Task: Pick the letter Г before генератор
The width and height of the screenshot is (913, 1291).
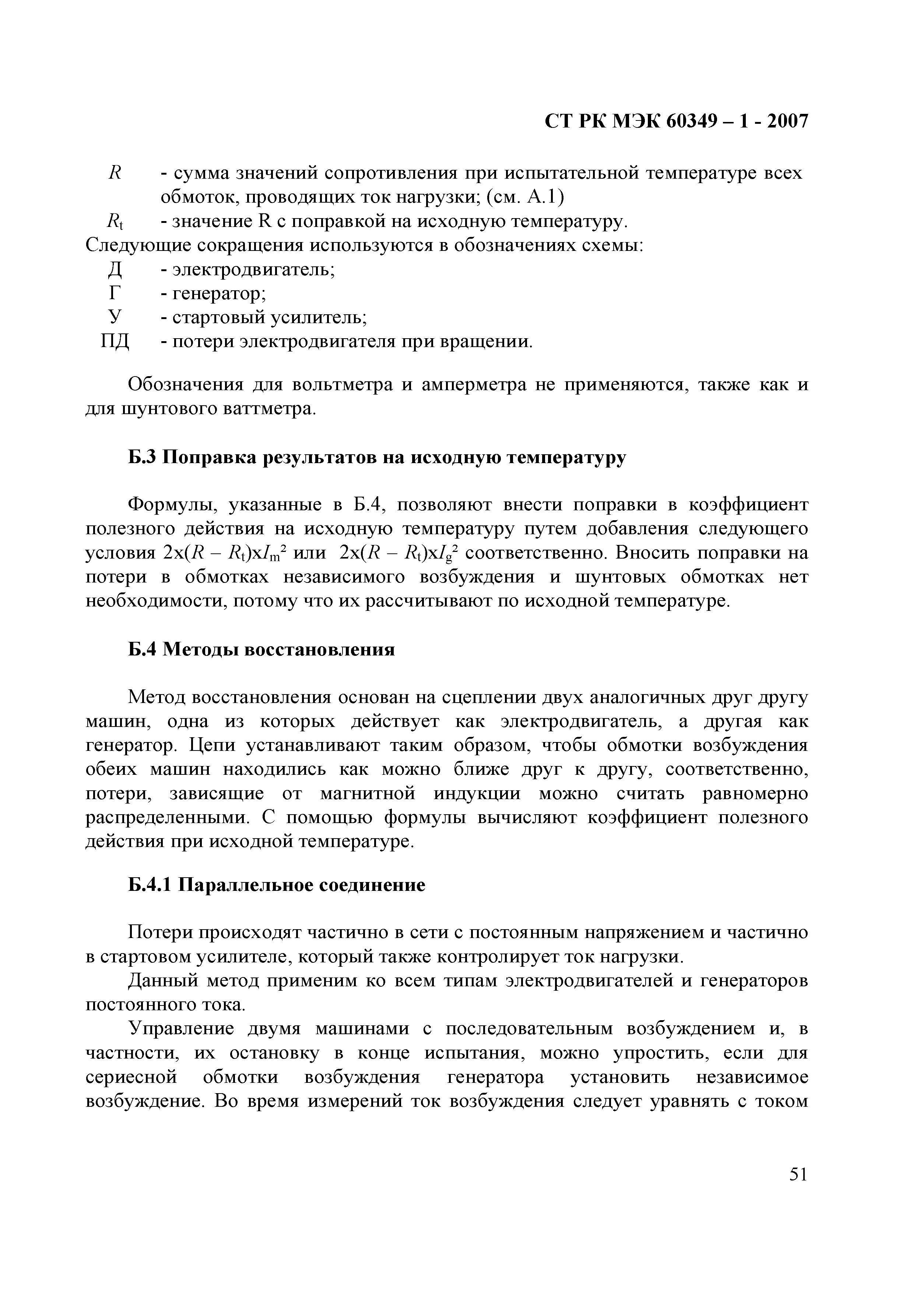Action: [x=115, y=294]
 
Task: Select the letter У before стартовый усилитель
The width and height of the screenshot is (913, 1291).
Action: [x=115, y=318]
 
